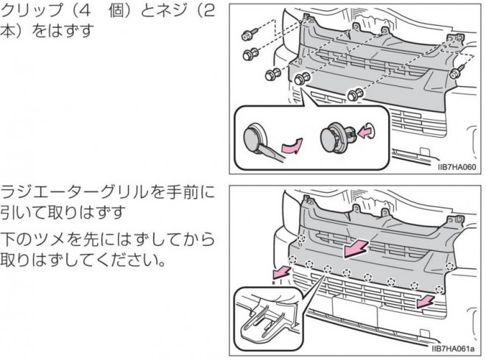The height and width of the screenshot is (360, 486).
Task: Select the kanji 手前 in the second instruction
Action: [x=182, y=192]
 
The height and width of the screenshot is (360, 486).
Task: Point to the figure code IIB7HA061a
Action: [x=453, y=349]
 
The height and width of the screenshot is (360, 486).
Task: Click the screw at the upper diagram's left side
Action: [x=250, y=34]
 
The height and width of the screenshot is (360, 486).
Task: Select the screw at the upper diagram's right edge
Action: [x=457, y=71]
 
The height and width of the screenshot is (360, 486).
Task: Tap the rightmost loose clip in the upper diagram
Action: [x=355, y=94]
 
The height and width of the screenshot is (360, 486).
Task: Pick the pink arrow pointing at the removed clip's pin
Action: [x=364, y=132]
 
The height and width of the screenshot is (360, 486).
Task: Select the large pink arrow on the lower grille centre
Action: [x=356, y=248]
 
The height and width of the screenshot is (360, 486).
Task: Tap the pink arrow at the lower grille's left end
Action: [x=281, y=272]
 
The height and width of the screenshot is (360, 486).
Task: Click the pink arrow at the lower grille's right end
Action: [x=425, y=301]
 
